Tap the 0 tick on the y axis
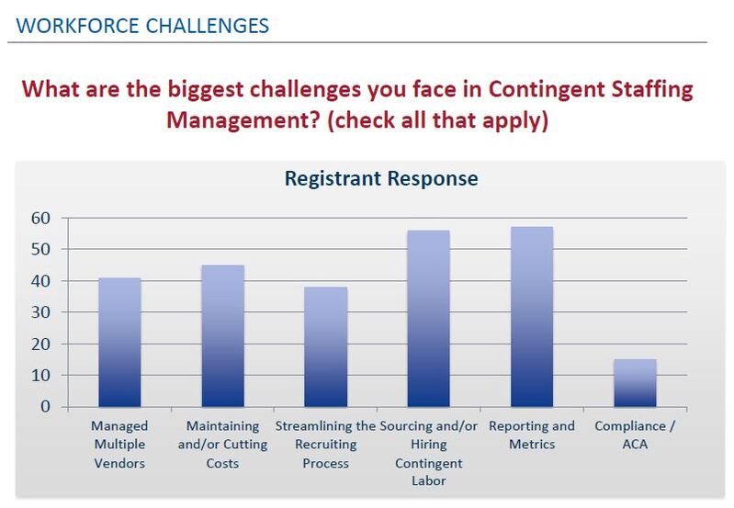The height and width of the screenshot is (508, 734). tap(42, 407)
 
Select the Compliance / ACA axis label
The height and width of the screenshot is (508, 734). tap(634, 435)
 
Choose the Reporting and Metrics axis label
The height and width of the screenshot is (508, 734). tap(531, 435)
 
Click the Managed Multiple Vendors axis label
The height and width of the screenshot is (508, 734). tap(119, 445)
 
